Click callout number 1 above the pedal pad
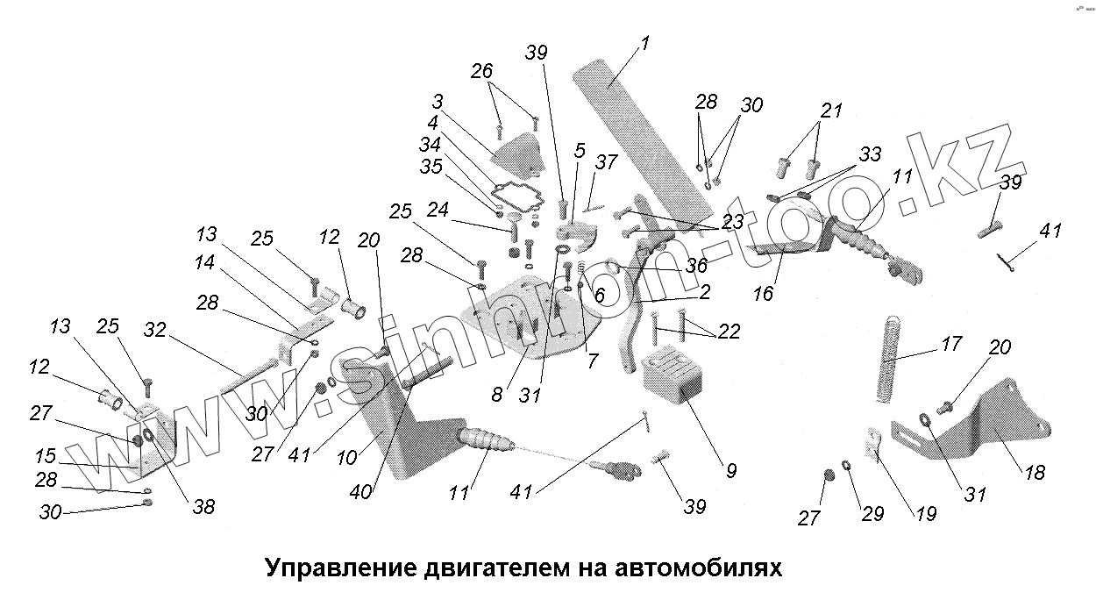pyautogui.click(x=644, y=43)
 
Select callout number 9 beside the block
pyautogui.click(x=730, y=470)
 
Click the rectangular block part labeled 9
pyautogui.click(x=672, y=375)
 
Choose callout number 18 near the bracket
pyautogui.click(x=1035, y=472)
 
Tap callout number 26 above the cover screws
pyautogui.click(x=481, y=71)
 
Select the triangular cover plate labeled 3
pyautogui.click(x=517, y=153)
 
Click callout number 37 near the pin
pyautogui.click(x=606, y=161)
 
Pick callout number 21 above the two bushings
pyautogui.click(x=831, y=111)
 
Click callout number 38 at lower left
pyautogui.click(x=203, y=507)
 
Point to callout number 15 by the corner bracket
pyautogui.click(x=46, y=456)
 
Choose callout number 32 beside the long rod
pyautogui.click(x=154, y=330)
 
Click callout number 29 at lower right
pyautogui.click(x=873, y=514)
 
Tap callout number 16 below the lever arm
pyautogui.click(x=764, y=294)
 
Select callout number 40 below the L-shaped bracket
pyautogui.click(x=360, y=491)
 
